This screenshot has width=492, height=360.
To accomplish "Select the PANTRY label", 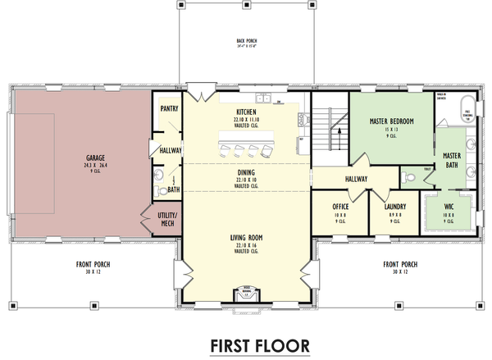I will (x=170, y=107).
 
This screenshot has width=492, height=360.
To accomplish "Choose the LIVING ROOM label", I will (x=247, y=238).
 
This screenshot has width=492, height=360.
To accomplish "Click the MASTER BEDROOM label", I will (x=385, y=121).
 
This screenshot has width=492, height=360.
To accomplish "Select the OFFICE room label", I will (x=341, y=206).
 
